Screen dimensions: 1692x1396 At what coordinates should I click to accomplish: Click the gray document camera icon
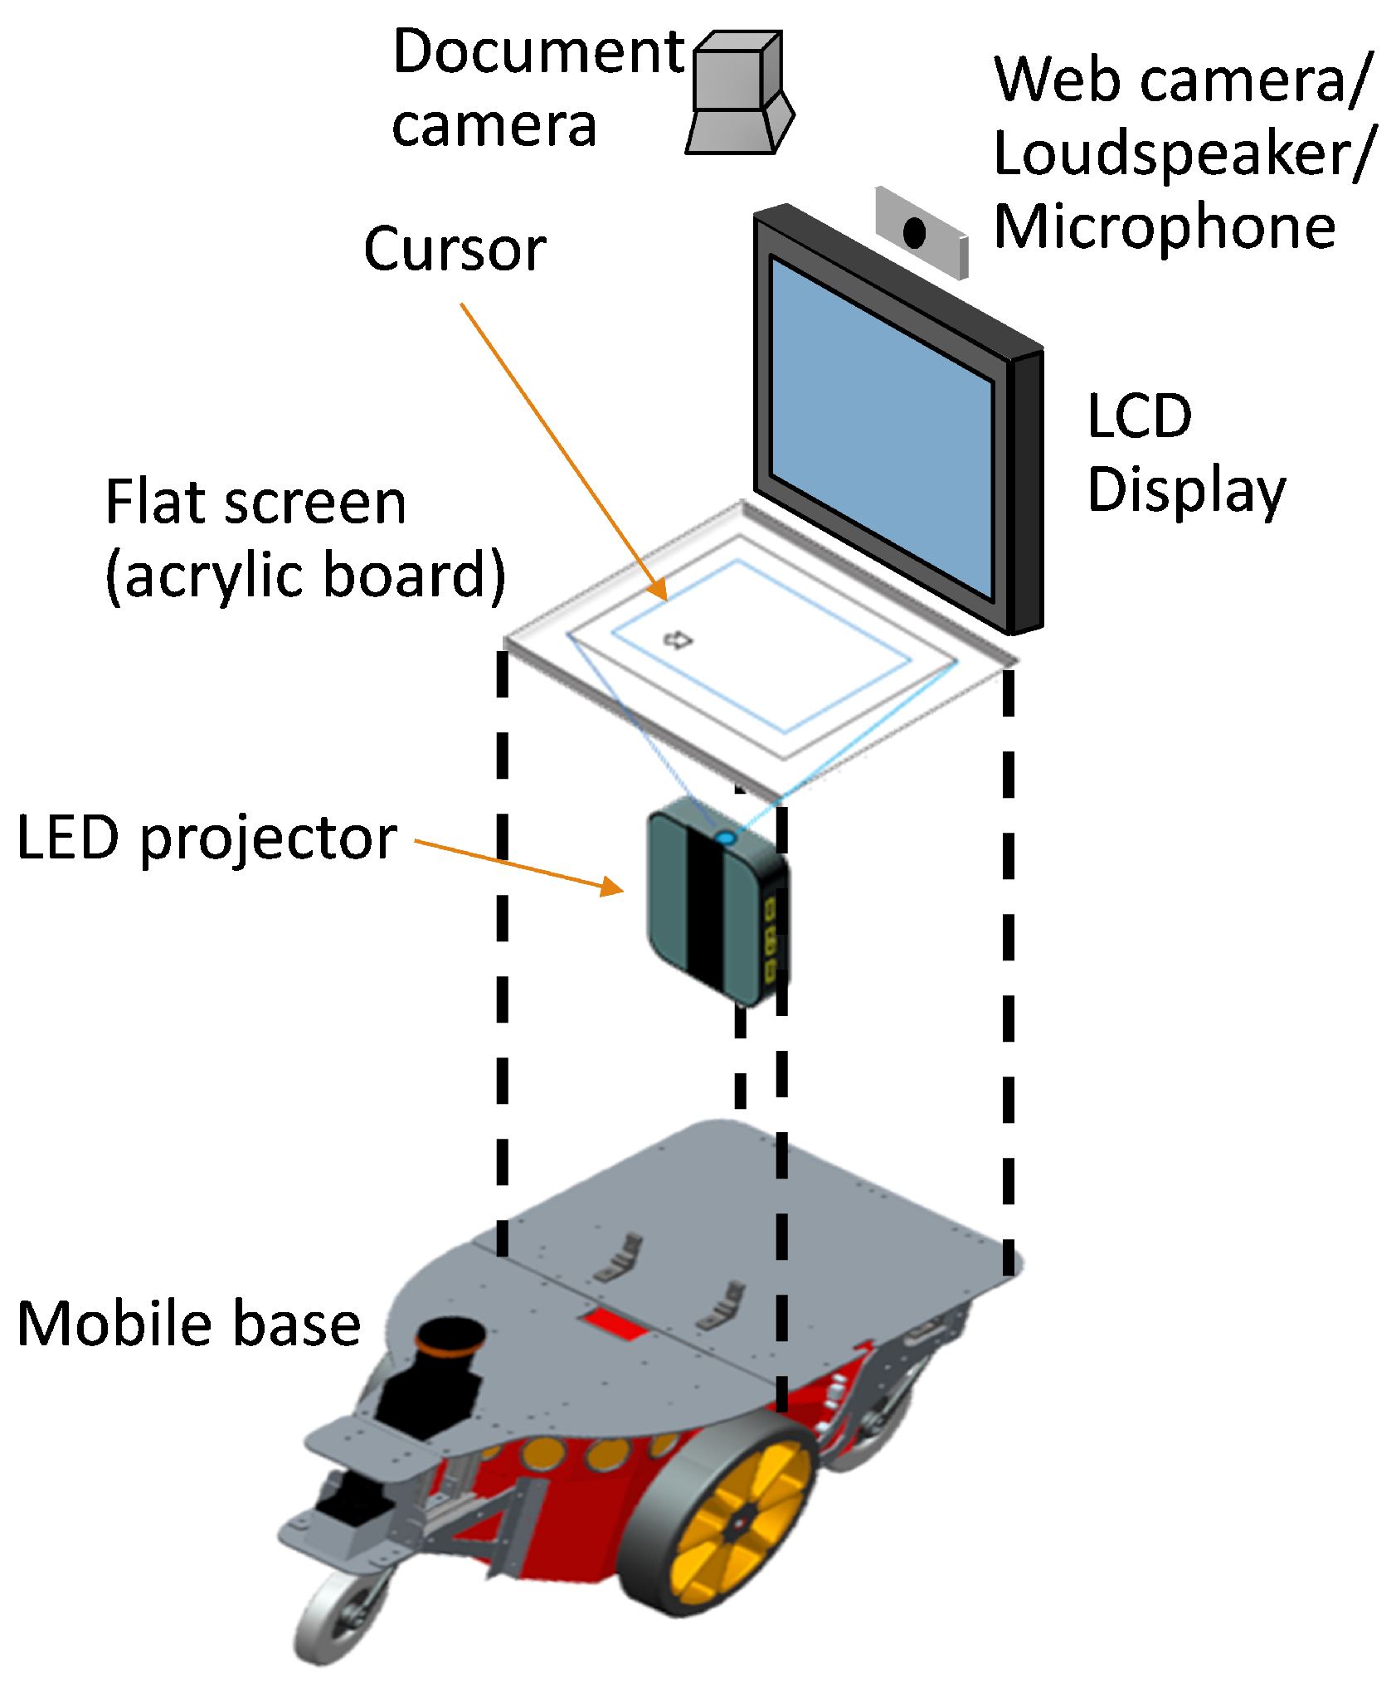(x=737, y=94)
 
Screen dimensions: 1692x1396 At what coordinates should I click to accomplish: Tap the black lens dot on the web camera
(x=914, y=233)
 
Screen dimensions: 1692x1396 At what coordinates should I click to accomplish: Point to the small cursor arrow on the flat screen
(x=679, y=639)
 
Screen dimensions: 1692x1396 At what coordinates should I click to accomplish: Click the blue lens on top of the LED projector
(x=725, y=839)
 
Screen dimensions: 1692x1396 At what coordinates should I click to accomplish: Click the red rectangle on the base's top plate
(x=615, y=1325)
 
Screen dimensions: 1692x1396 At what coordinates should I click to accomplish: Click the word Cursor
(x=455, y=249)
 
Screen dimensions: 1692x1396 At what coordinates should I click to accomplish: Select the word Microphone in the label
(x=1165, y=226)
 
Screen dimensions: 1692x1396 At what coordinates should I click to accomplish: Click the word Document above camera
(x=538, y=51)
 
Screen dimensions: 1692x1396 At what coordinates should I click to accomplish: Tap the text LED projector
(x=207, y=839)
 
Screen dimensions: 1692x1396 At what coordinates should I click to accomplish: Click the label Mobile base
(x=188, y=1325)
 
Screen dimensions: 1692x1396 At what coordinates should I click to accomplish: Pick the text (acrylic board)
(x=305, y=576)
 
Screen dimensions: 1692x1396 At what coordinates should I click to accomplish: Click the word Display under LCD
(x=1185, y=490)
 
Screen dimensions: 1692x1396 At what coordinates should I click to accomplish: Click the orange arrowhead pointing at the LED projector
(x=612, y=887)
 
